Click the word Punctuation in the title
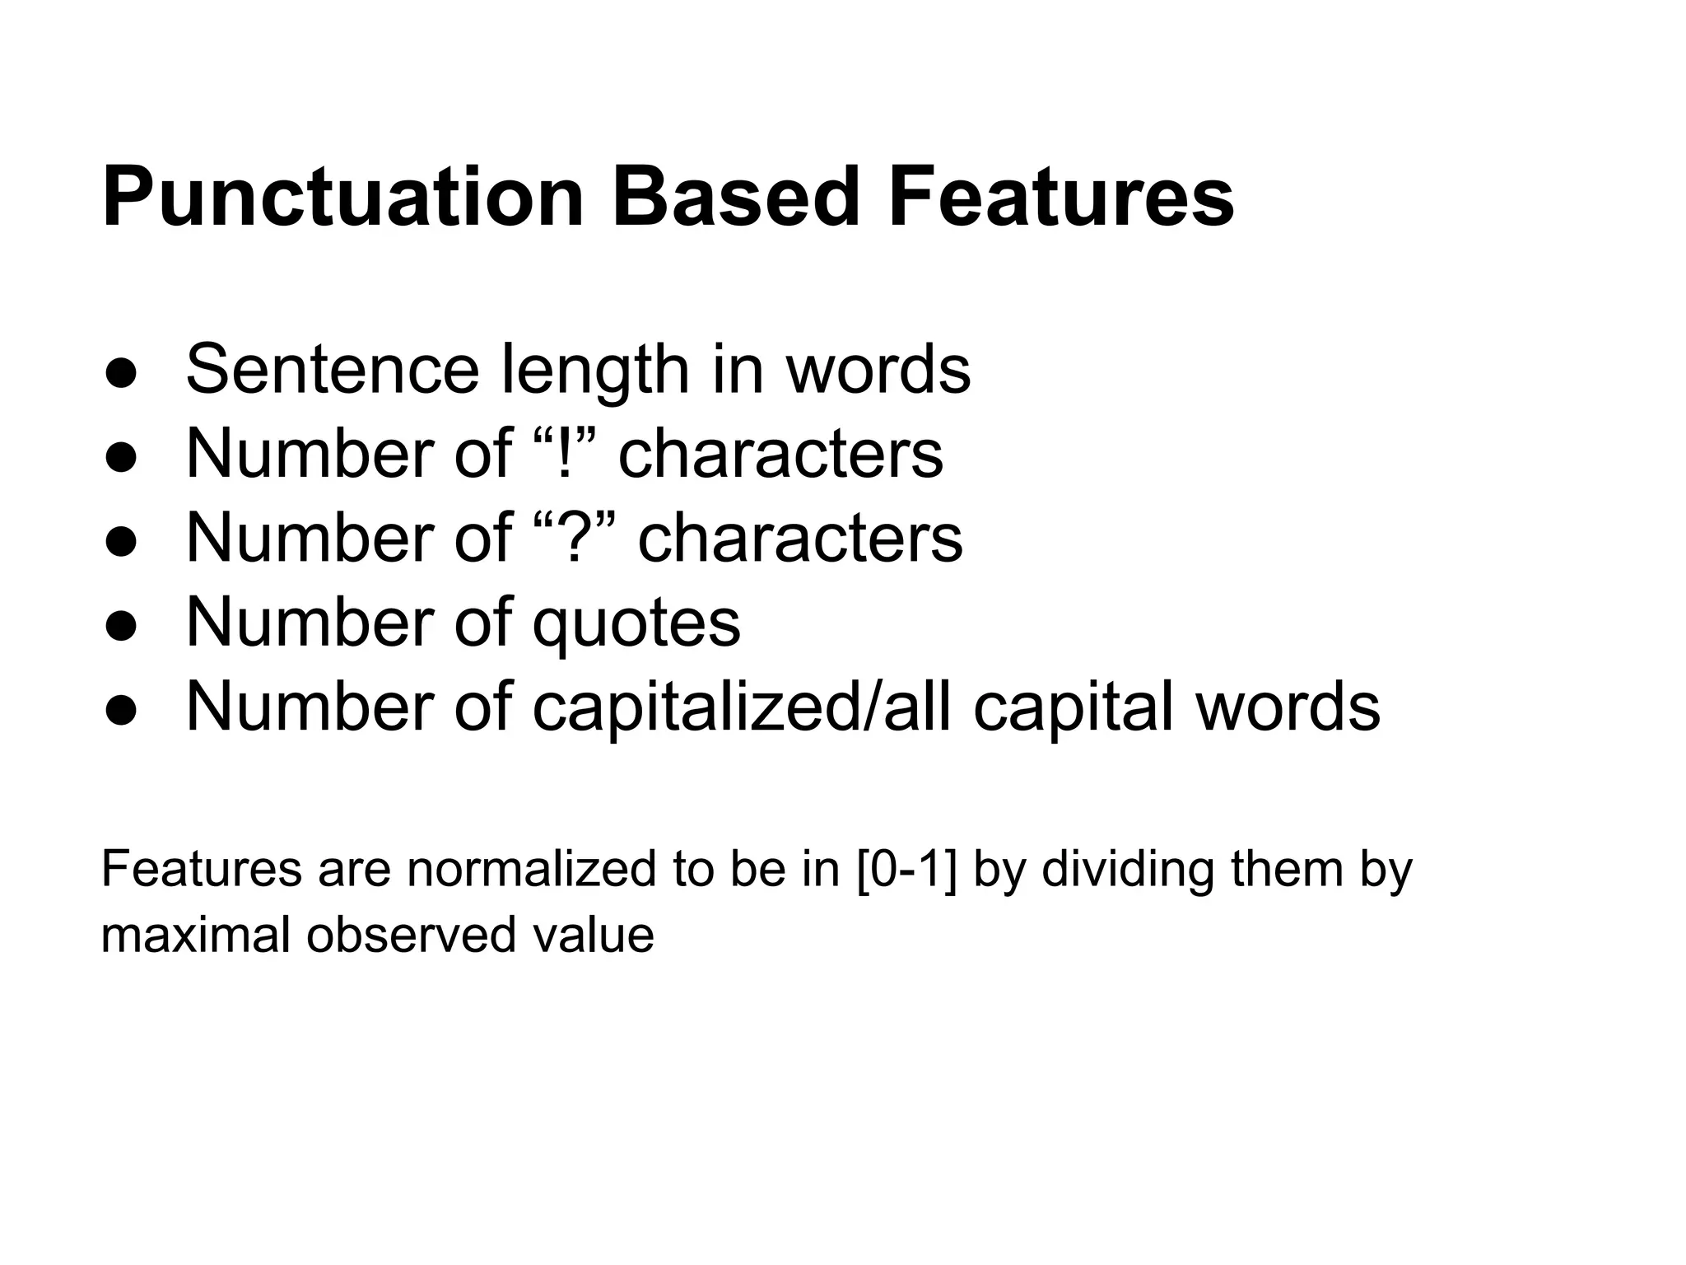(342, 198)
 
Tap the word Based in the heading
(735, 198)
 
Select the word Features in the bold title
(1060, 198)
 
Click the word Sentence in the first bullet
(332, 370)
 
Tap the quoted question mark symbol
(574, 537)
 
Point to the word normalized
(532, 869)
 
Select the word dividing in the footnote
(1127, 869)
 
